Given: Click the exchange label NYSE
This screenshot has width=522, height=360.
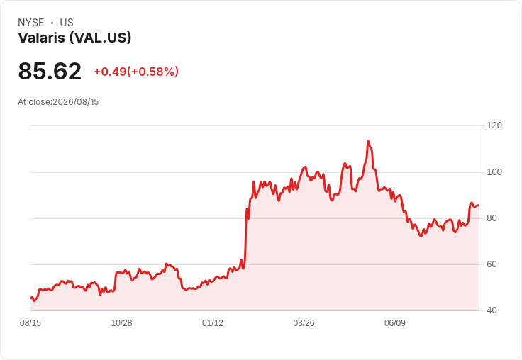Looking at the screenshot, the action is click(31, 23).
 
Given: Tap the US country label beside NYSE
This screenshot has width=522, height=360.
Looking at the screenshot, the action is click(67, 23).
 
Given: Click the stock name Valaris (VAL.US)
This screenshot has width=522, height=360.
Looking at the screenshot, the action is click(74, 38).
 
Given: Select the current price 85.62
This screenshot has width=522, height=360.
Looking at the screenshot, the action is click(50, 71).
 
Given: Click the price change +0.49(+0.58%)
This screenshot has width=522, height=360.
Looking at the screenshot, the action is click(136, 72).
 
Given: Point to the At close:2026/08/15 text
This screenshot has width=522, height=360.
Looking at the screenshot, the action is click(58, 102).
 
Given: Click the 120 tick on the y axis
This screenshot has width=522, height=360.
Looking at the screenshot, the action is click(494, 125).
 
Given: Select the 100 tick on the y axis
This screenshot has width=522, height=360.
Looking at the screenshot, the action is click(494, 172).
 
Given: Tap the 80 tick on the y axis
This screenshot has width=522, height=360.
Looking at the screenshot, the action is click(492, 218).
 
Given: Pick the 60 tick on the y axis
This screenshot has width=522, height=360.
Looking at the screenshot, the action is click(492, 264).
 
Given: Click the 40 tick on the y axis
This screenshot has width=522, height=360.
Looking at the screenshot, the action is click(492, 310).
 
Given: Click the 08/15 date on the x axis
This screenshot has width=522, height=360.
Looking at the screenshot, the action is click(30, 323).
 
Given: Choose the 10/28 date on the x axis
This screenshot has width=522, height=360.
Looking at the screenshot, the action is click(121, 323).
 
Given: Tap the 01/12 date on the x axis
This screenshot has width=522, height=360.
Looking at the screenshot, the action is click(213, 323).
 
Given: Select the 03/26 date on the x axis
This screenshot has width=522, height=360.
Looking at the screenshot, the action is click(304, 323).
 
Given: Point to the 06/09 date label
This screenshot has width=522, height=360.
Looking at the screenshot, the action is click(395, 323).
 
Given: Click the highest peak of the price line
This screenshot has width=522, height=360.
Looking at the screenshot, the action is click(368, 141).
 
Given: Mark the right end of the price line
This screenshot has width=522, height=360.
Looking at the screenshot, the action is click(479, 206).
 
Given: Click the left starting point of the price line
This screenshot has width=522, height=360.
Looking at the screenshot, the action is click(30, 298).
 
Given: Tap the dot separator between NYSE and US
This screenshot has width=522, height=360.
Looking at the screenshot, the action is click(52, 23).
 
